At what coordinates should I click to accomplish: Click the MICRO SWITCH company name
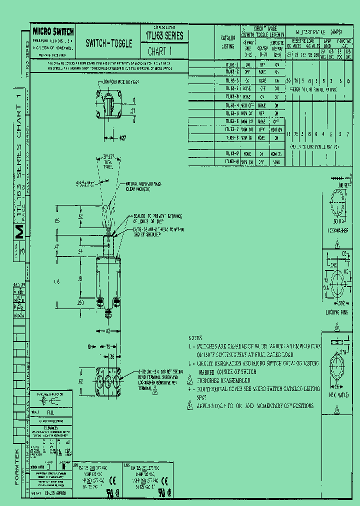pos(52,32)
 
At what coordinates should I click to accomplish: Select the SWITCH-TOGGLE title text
pos(109,43)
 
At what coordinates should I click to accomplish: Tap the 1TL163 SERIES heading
pos(164,36)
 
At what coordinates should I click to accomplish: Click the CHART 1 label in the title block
pos(160,51)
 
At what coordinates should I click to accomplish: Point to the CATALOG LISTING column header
pos(227,42)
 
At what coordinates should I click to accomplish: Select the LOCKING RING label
pos(336,311)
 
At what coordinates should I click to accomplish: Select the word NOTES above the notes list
pos(195,338)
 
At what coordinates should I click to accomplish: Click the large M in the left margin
pos(19,231)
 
